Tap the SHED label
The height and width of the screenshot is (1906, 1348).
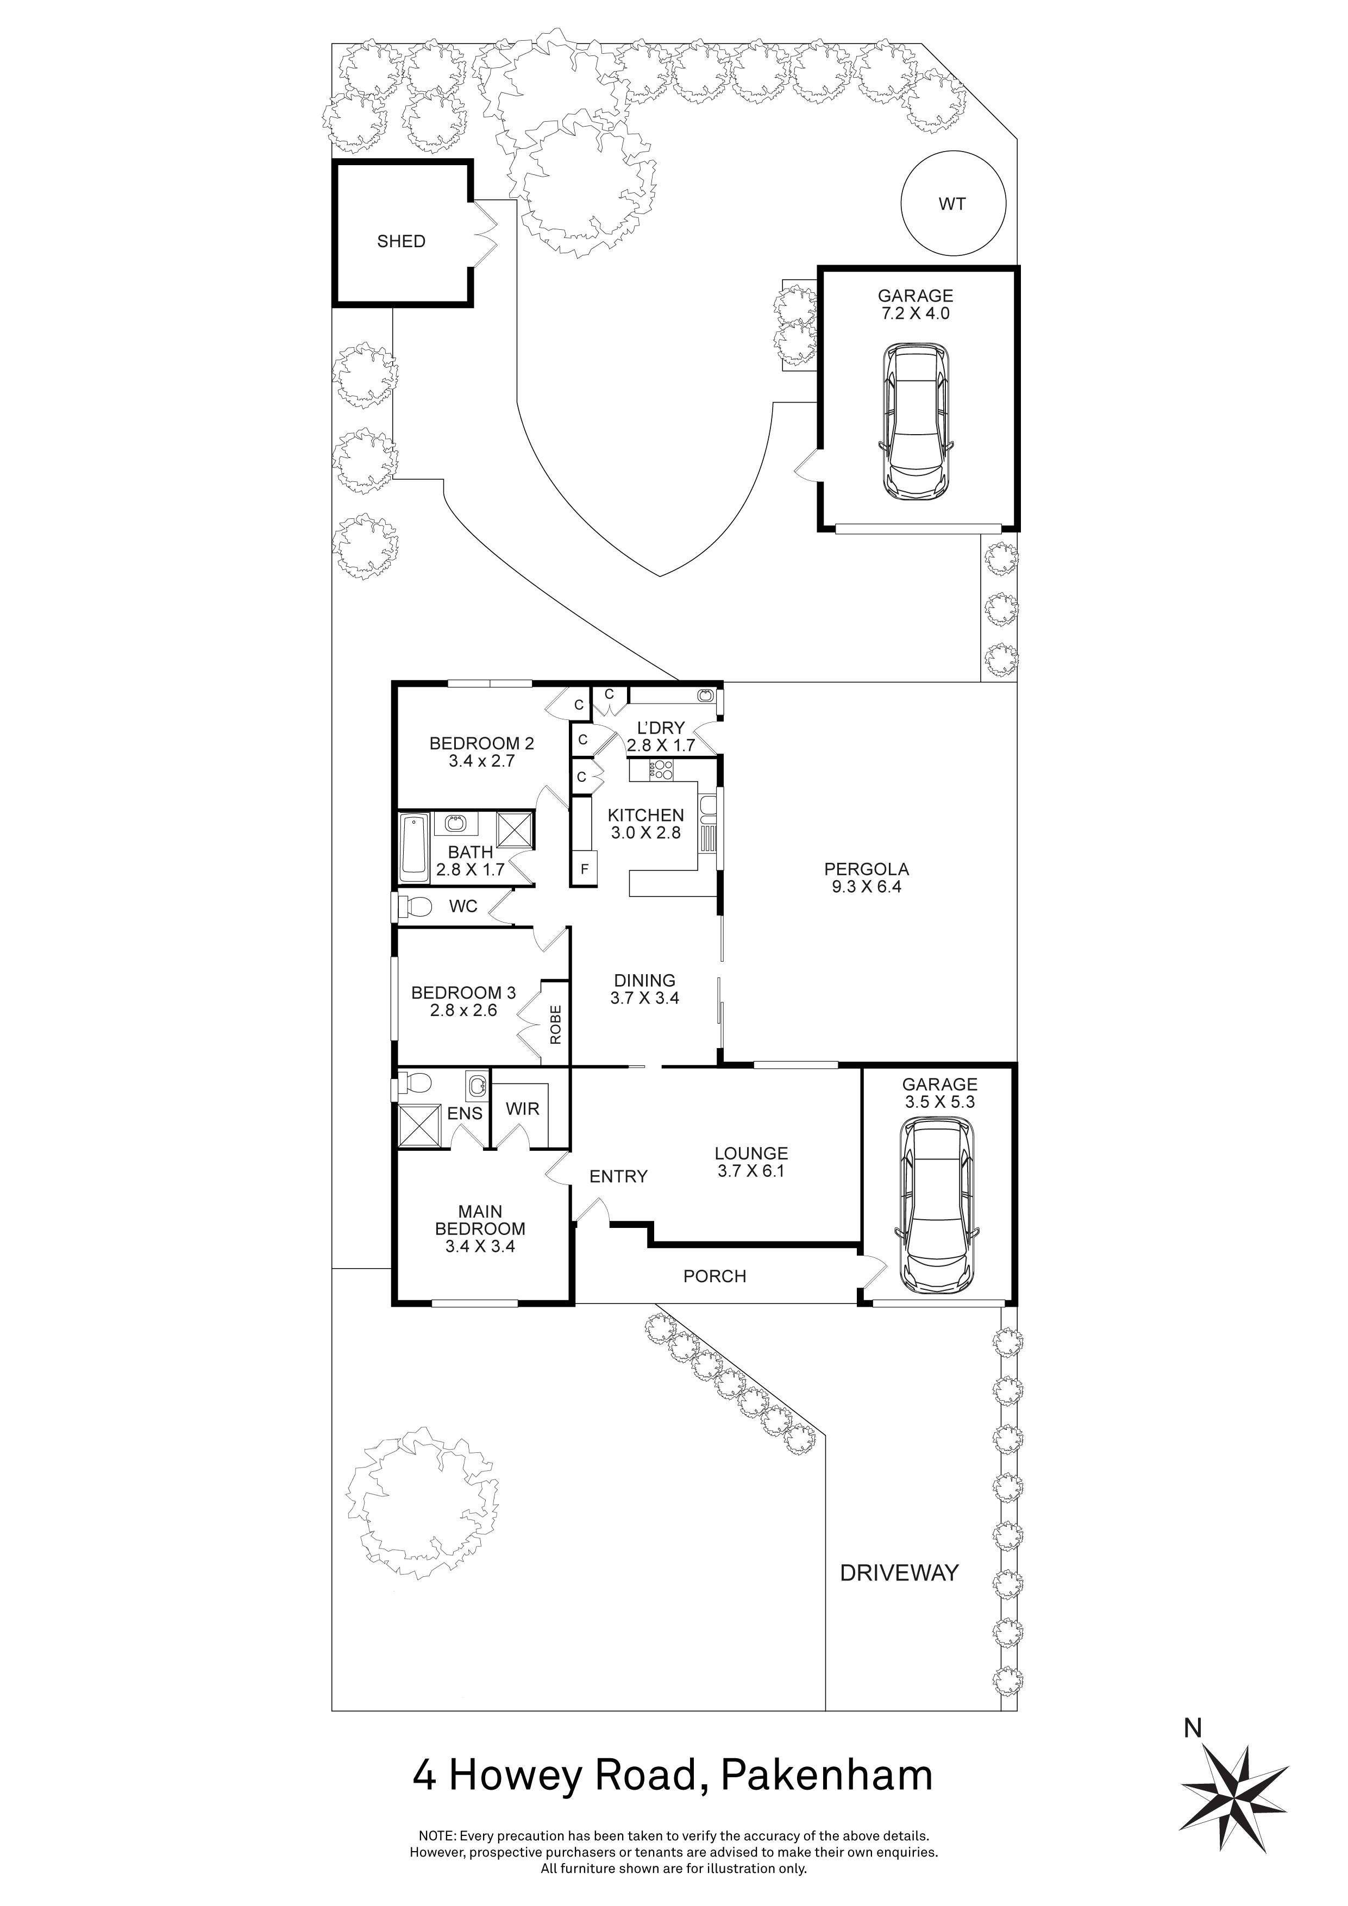pyautogui.click(x=401, y=242)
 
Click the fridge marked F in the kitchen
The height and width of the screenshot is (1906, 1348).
pyautogui.click(x=585, y=870)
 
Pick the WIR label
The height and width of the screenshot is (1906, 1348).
pyautogui.click(x=523, y=1109)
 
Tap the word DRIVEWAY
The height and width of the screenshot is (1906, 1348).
pyautogui.click(x=899, y=1572)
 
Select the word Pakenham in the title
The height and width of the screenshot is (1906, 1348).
pyautogui.click(x=827, y=1776)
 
